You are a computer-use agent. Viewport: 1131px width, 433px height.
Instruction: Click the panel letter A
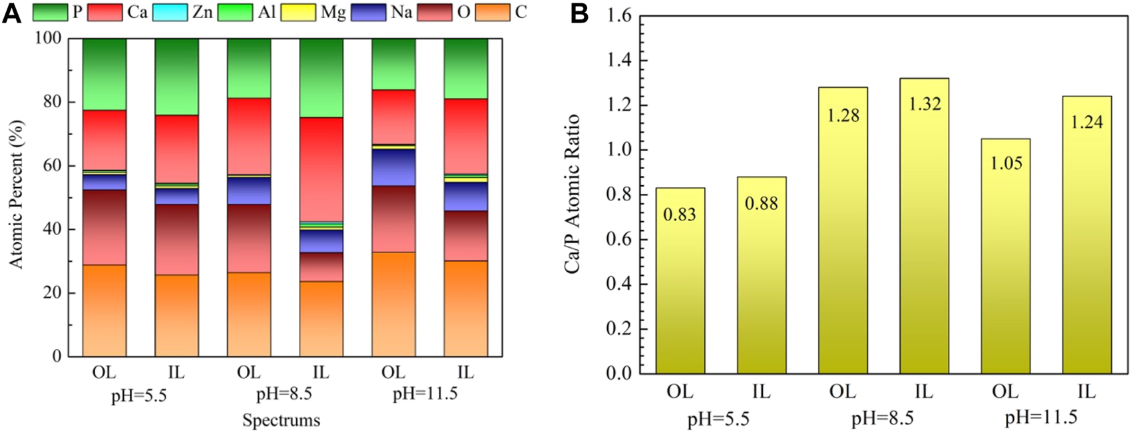click(x=11, y=13)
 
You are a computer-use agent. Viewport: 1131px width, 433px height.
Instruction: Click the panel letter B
click(x=579, y=13)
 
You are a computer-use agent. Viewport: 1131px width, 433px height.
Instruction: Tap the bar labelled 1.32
click(x=924, y=226)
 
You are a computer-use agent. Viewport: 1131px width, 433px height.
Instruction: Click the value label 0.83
click(x=680, y=215)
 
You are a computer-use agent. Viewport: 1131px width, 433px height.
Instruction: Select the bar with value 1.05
click(x=1005, y=256)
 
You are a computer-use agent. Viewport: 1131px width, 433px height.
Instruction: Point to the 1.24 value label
click(x=1086, y=122)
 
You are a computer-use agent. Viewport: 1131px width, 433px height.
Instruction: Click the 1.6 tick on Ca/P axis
click(x=617, y=16)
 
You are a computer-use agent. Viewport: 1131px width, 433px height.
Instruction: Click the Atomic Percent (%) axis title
click(x=16, y=195)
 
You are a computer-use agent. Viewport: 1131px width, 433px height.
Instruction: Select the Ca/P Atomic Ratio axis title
click(x=572, y=195)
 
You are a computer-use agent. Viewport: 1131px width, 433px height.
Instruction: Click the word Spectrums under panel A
click(x=281, y=420)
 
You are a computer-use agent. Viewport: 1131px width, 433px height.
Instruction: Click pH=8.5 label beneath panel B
click(x=883, y=418)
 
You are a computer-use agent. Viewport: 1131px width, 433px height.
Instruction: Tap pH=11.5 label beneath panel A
click(x=425, y=394)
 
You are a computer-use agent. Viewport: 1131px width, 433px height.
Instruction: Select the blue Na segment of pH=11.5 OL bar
click(x=393, y=167)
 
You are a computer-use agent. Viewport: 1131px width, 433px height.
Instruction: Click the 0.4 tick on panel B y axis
click(x=617, y=284)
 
